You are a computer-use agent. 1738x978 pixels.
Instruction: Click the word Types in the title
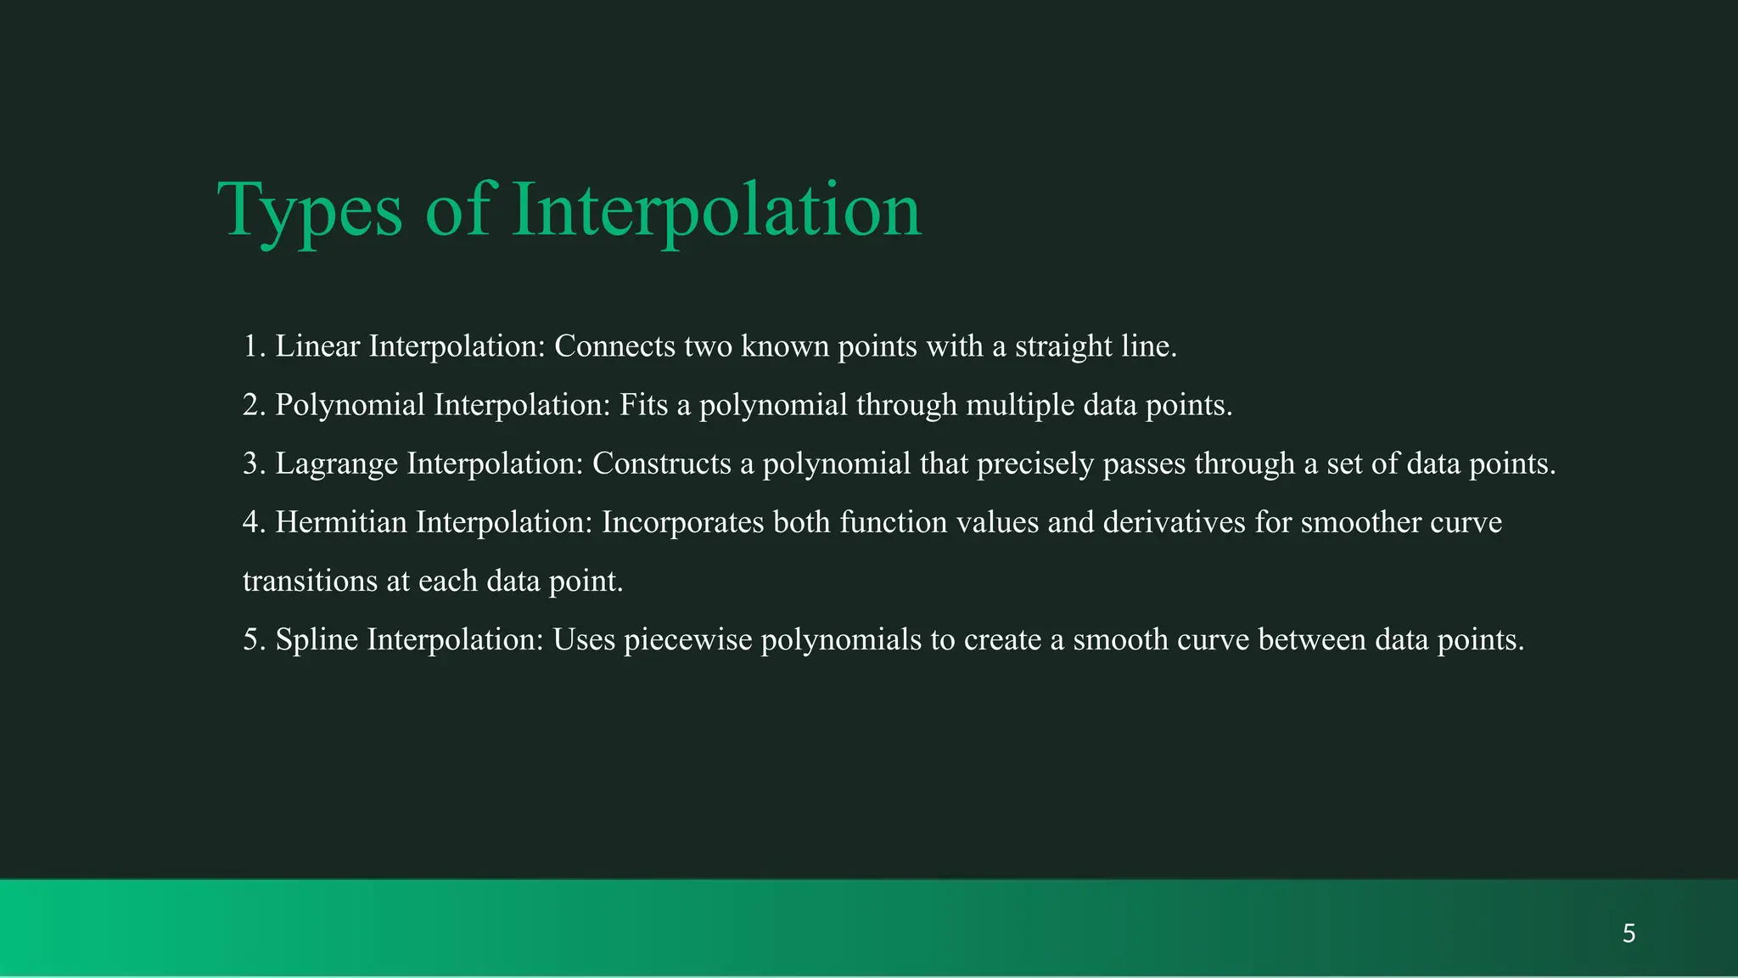pyautogui.click(x=310, y=210)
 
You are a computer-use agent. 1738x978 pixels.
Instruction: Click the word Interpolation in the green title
pyautogui.click(x=715, y=210)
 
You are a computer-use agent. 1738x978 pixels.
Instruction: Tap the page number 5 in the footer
pyautogui.click(x=1629, y=934)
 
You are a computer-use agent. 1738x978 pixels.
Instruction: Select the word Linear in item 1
pyautogui.click(x=317, y=346)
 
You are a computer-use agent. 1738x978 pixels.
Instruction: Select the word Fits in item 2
pyautogui.click(x=643, y=405)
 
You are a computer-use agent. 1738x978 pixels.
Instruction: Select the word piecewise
pyautogui.click(x=687, y=639)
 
